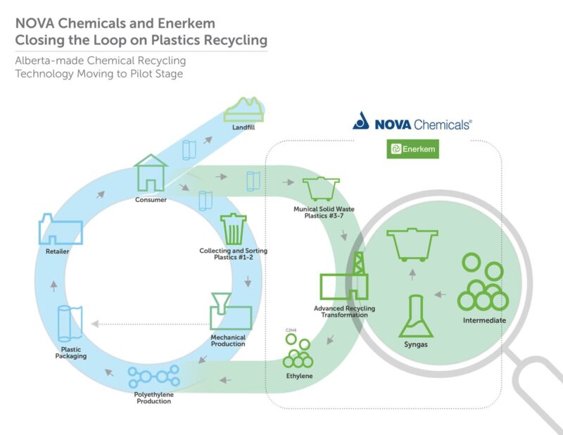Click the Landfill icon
243,109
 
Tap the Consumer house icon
151,173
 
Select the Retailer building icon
60,230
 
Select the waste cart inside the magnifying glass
414,244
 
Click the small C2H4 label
290,329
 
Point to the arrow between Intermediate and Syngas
441,294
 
